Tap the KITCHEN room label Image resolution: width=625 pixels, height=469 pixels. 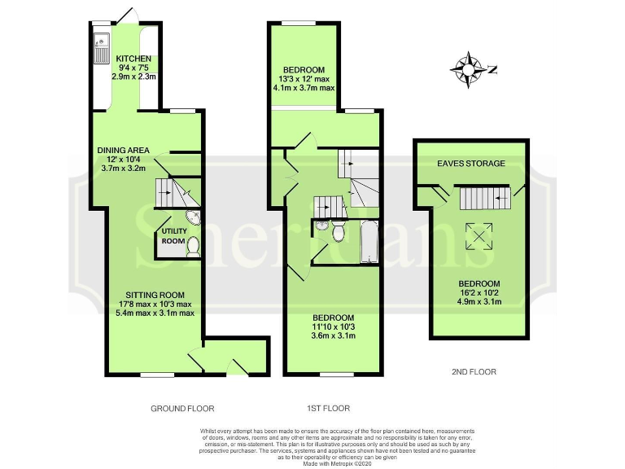point(133,58)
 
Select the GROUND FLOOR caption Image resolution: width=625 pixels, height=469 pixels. point(183,408)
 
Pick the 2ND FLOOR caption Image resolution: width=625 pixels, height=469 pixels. point(473,372)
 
